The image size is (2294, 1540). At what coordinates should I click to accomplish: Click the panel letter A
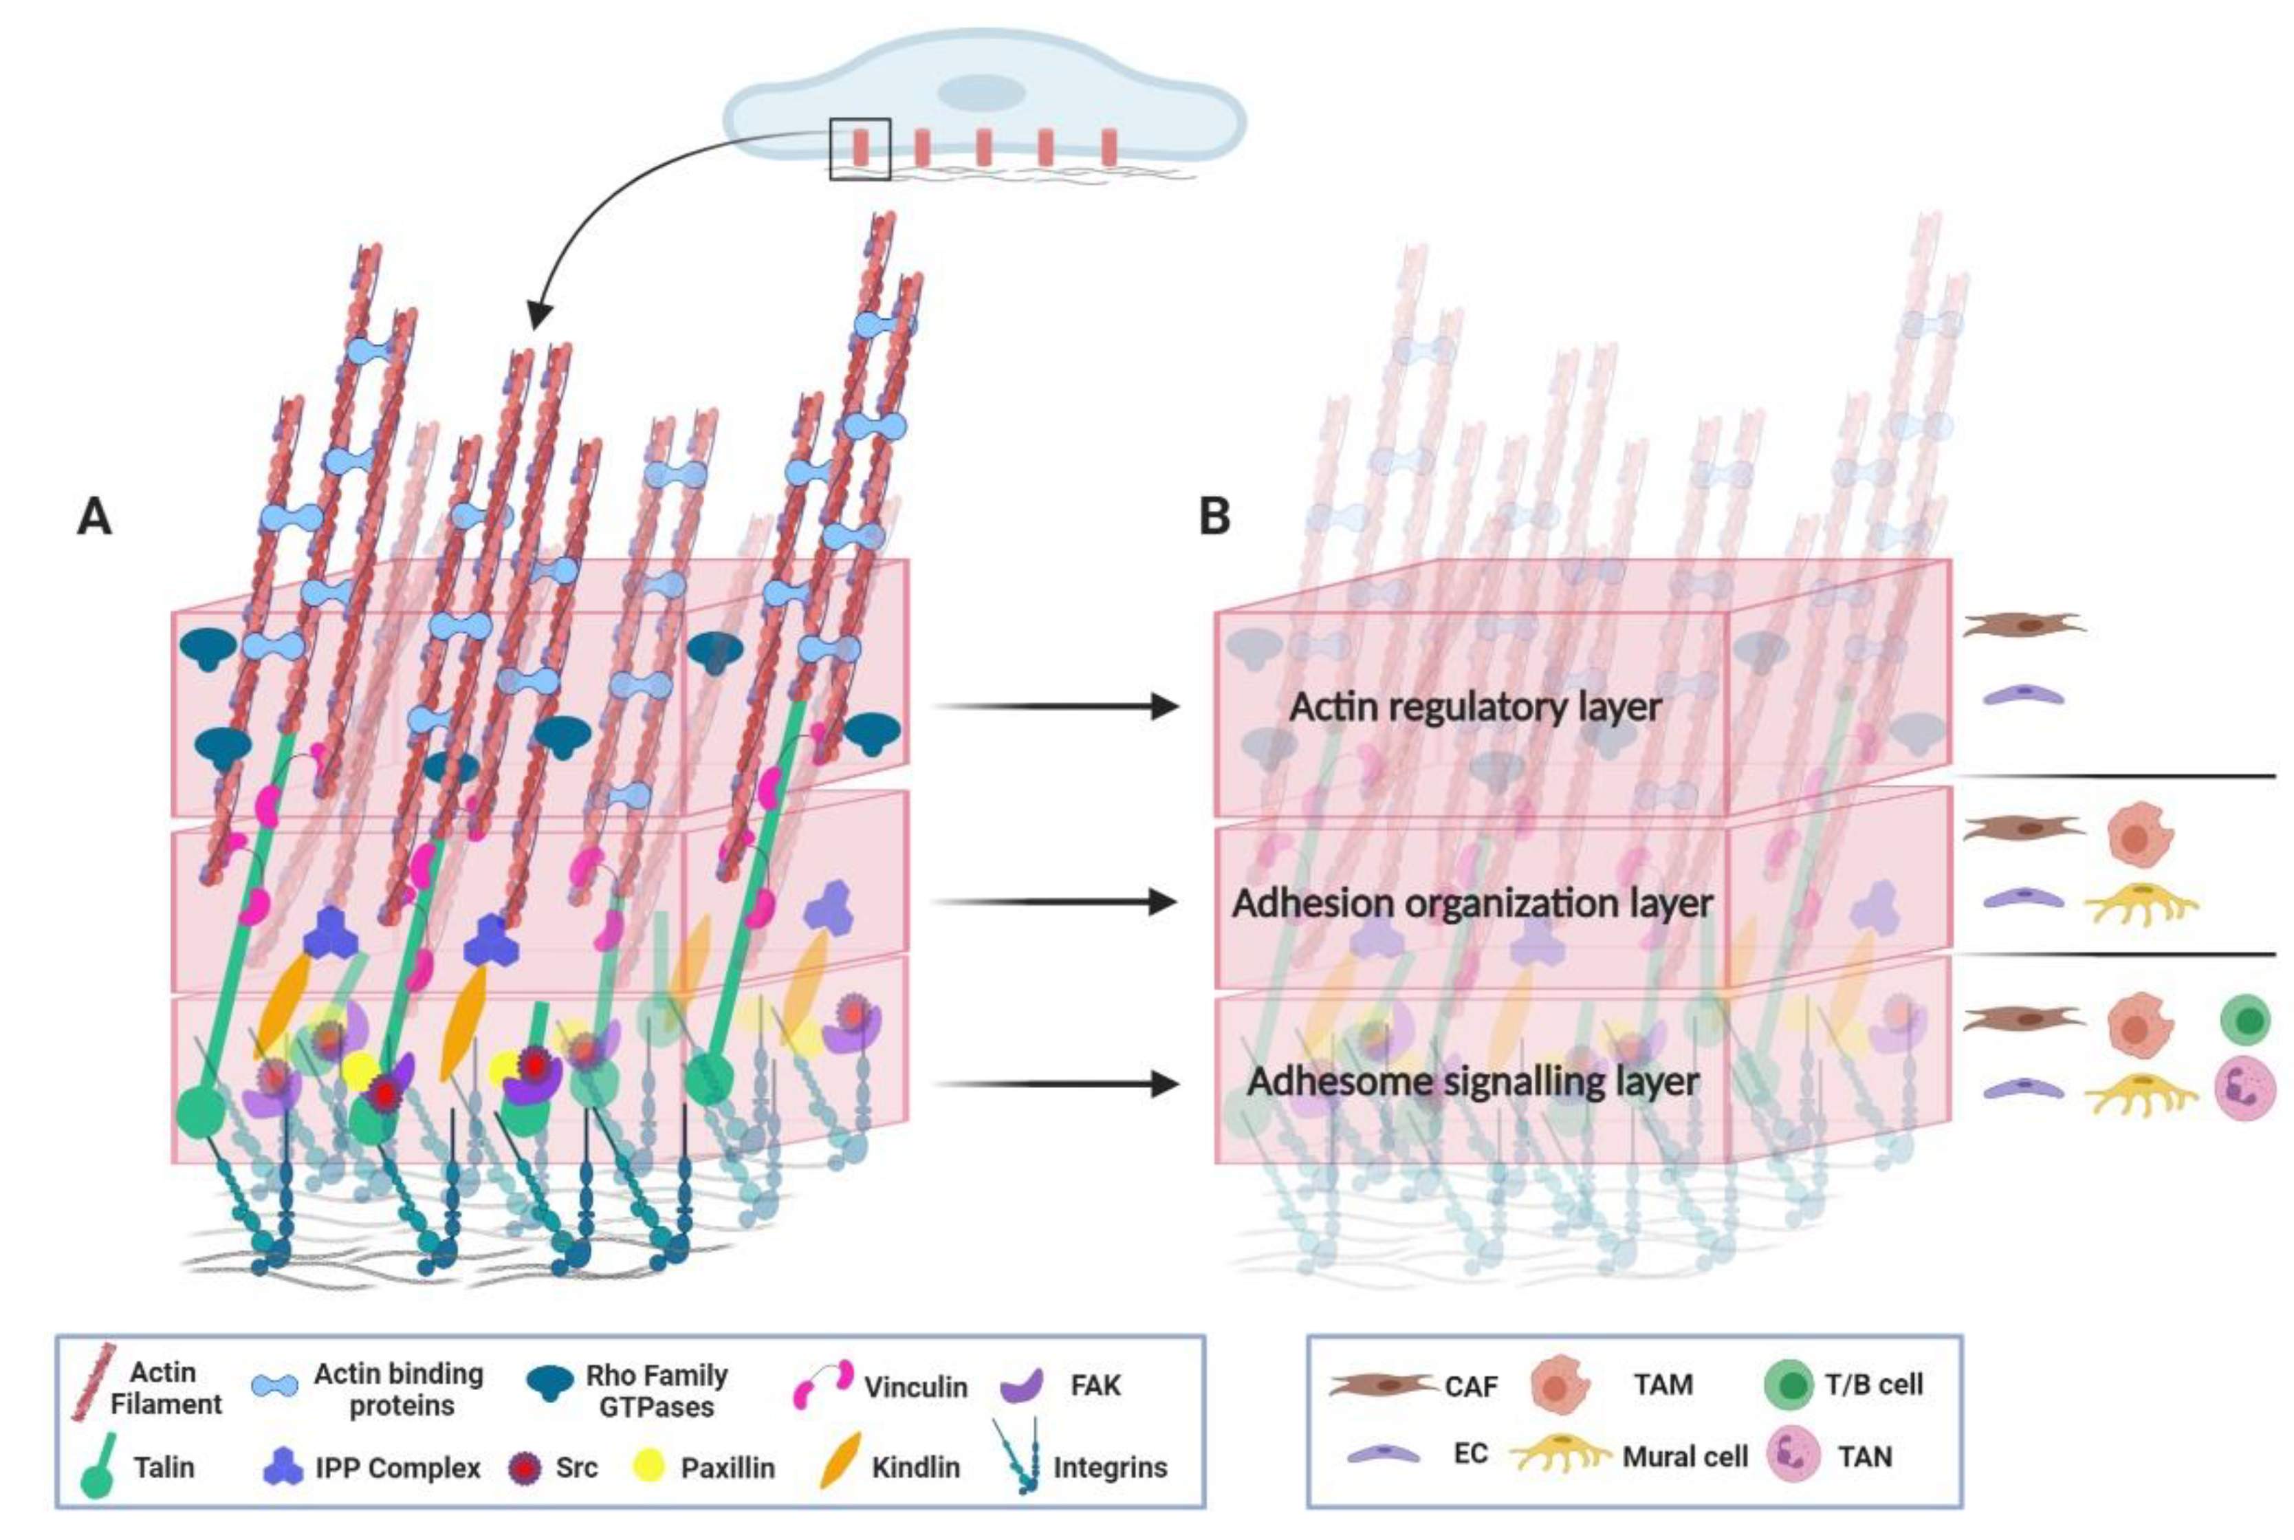click(94, 517)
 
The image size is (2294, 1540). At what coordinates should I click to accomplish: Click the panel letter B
click(1215, 517)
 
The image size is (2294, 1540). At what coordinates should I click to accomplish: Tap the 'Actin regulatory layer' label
click(1475, 707)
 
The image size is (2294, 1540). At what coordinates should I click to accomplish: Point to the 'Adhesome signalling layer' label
click(1473, 1083)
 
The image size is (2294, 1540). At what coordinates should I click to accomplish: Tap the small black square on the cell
click(860, 149)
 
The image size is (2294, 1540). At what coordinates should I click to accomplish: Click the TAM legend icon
click(1560, 1385)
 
